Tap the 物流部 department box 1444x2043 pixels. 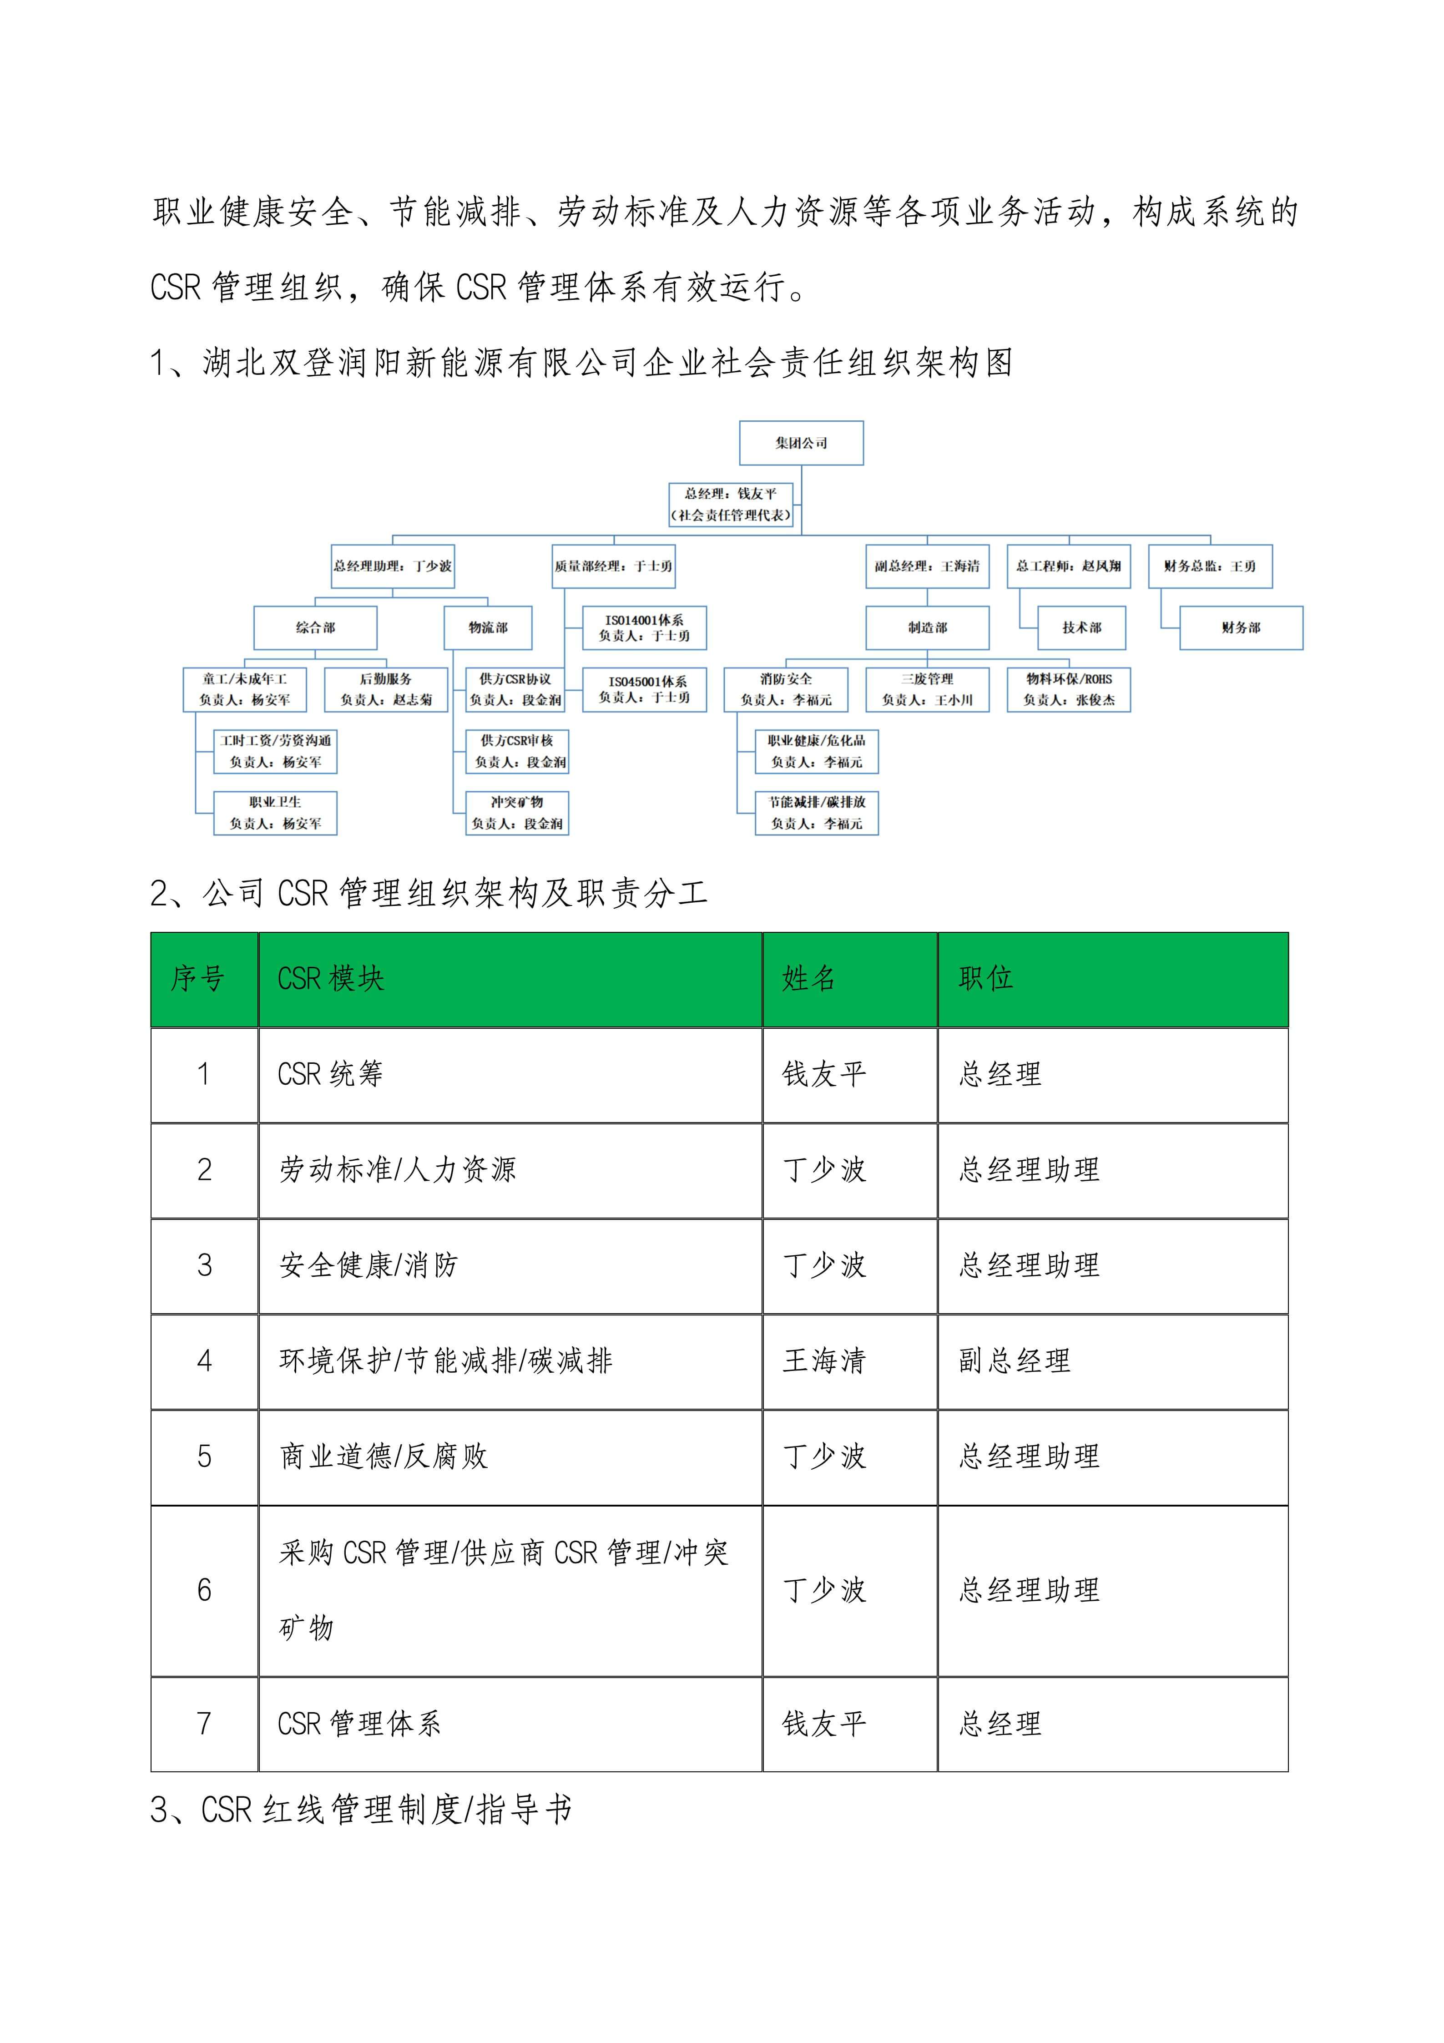488,627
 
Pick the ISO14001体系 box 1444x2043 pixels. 644,627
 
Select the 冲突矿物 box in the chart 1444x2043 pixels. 517,812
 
